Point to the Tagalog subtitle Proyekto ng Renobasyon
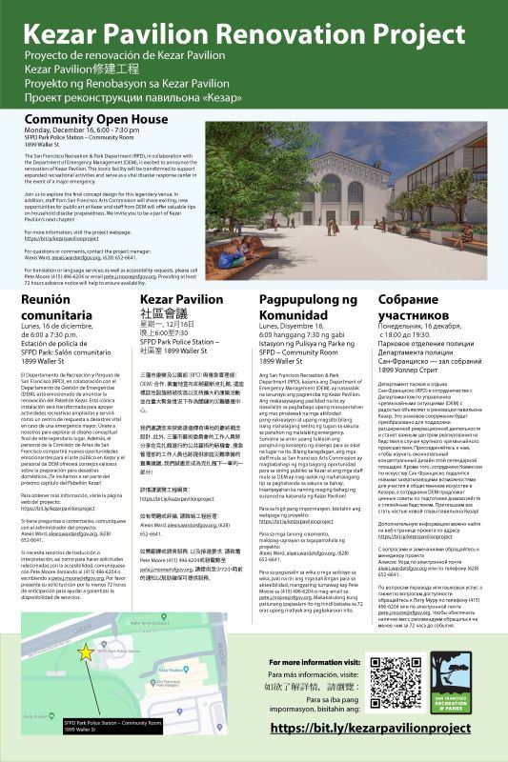click(129, 84)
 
